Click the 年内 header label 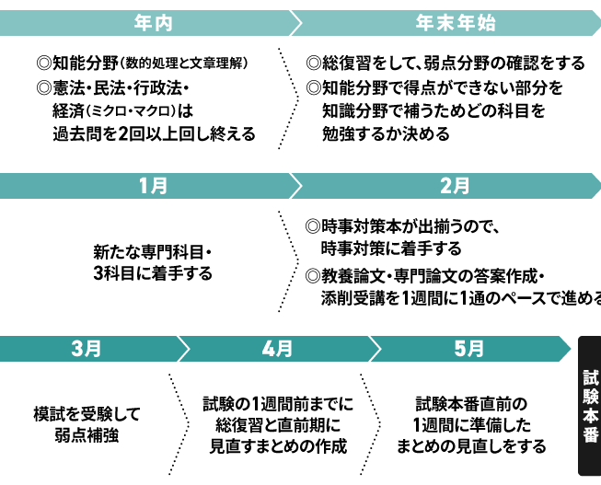(x=153, y=23)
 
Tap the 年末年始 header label (x=456, y=23)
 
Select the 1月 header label (x=153, y=186)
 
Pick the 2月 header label (x=455, y=186)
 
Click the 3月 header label (x=87, y=349)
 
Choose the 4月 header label (x=277, y=349)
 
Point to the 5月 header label (x=468, y=349)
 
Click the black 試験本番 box (x=590, y=406)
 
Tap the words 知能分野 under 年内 (x=85, y=64)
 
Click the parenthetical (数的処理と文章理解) (x=184, y=64)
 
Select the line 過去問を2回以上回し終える (x=154, y=134)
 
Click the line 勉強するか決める (x=386, y=134)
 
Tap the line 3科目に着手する (x=153, y=273)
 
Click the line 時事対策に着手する (x=391, y=248)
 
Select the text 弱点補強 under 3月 (x=87, y=435)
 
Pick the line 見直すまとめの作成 (x=278, y=446)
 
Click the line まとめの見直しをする (x=471, y=446)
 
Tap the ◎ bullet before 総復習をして (x=314, y=64)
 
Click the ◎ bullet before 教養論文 (x=313, y=276)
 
